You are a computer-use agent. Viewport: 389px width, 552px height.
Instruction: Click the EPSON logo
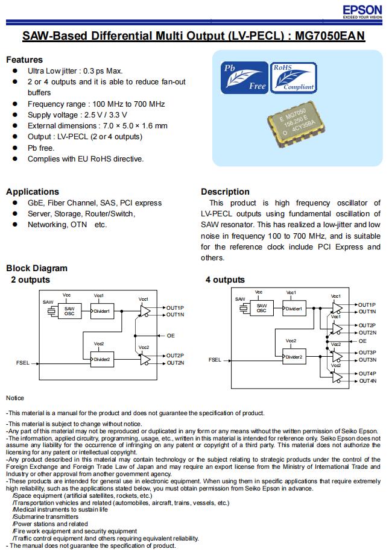click(362, 11)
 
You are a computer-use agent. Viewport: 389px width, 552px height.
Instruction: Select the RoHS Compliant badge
click(293, 77)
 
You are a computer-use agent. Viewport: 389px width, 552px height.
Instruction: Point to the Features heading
click(24, 60)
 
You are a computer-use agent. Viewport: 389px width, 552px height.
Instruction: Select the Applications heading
click(33, 192)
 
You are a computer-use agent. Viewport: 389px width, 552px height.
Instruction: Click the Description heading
click(225, 192)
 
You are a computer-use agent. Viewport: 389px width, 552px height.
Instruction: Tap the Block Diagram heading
click(37, 268)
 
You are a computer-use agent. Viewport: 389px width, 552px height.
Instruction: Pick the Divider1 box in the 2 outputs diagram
click(102, 312)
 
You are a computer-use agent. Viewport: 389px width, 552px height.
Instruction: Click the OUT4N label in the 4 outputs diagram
click(367, 381)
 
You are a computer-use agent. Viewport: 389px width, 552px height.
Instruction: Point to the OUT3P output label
click(367, 353)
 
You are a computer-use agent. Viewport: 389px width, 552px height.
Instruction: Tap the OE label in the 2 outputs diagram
click(171, 336)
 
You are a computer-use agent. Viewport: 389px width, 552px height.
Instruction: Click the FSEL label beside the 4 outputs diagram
click(215, 360)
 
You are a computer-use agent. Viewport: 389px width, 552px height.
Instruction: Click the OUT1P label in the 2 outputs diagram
click(175, 307)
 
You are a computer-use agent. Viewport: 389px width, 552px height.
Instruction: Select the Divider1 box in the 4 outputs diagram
click(294, 309)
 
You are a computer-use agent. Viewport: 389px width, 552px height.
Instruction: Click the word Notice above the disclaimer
click(15, 398)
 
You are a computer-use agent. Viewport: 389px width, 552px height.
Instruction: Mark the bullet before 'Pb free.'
click(14, 148)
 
